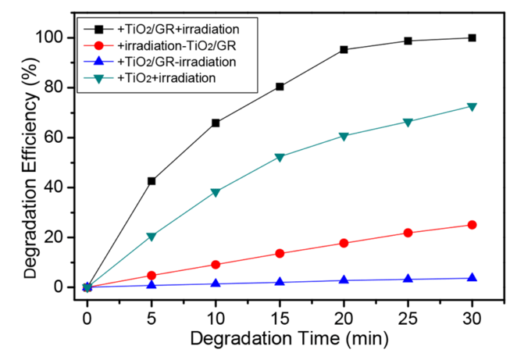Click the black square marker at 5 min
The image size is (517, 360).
pyautogui.click(x=152, y=181)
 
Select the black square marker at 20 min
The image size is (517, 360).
pyautogui.click(x=344, y=50)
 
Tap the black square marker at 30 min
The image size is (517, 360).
pyautogui.click(x=472, y=37)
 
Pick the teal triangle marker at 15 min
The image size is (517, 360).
pyautogui.click(x=280, y=158)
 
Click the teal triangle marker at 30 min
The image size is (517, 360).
pyautogui.click(x=472, y=107)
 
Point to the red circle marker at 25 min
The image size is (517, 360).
pyautogui.click(x=408, y=233)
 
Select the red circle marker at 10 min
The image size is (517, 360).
pyautogui.click(x=216, y=265)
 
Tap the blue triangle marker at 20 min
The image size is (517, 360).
pyautogui.click(x=344, y=280)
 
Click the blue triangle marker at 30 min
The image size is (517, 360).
pyautogui.click(x=472, y=277)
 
